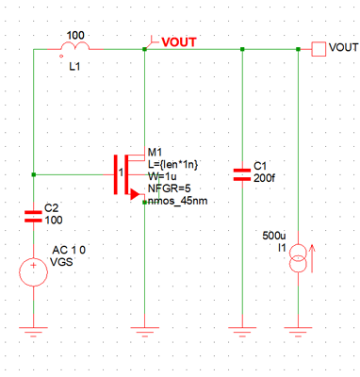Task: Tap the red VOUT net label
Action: click(182, 41)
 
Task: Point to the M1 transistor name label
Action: click(155, 153)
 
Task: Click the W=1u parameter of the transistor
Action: click(162, 176)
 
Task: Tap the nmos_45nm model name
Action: click(180, 200)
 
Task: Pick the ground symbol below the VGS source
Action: click(33, 332)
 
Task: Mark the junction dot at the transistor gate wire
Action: click(33, 173)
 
